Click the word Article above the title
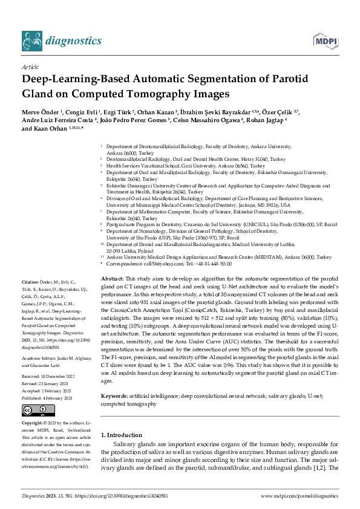tap(30, 68)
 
